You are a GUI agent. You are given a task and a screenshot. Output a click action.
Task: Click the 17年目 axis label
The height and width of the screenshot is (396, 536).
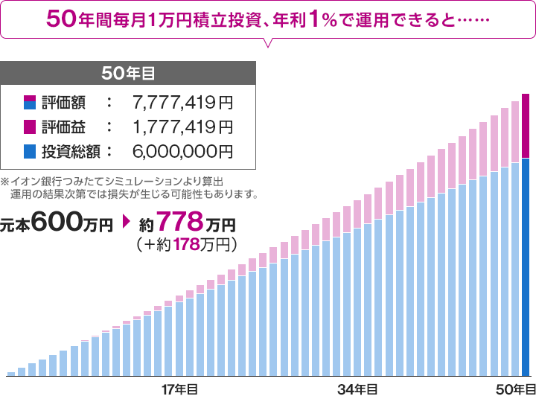point(179,389)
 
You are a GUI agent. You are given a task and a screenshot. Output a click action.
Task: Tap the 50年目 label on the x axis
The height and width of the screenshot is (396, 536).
point(516,389)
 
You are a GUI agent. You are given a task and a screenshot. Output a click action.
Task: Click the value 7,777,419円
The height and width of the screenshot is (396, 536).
point(182,100)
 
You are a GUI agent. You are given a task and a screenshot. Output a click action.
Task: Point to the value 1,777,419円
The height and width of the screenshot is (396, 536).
point(182,127)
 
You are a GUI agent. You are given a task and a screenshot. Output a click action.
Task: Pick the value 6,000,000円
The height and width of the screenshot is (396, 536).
point(182,152)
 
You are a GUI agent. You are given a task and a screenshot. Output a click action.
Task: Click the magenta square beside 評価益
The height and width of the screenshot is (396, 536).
point(29,127)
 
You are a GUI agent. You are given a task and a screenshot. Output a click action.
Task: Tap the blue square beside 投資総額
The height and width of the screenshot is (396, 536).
point(29,152)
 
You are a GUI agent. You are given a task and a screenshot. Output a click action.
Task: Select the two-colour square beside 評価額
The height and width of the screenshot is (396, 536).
point(29,100)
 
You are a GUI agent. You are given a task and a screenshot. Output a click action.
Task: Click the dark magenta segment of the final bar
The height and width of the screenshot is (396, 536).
point(526,127)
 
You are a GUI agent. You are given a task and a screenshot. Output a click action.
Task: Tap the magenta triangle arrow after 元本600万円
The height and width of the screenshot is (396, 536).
point(127,222)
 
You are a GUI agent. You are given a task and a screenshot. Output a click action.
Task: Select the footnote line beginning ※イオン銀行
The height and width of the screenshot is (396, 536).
point(112,181)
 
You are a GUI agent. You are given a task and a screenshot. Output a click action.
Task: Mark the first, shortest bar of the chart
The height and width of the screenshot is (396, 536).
point(10,373)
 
